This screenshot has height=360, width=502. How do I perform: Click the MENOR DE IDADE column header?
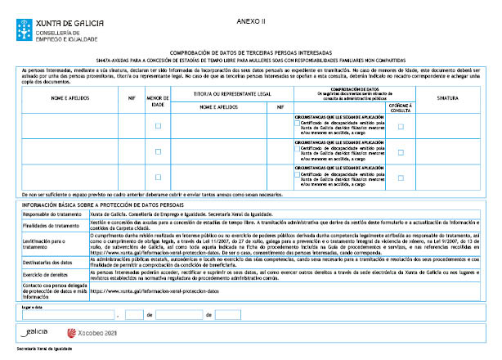pyautogui.click(x=158, y=100)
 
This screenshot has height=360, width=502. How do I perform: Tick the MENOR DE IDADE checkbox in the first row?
pyautogui.click(x=158, y=126)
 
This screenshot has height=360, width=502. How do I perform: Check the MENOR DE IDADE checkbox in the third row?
pyautogui.click(x=158, y=177)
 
